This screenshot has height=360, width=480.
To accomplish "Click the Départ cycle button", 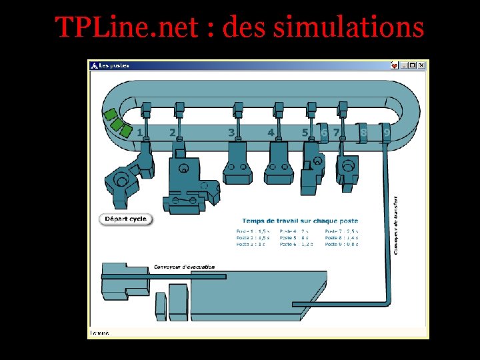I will [126, 219].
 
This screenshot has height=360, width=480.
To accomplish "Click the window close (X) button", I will [421, 65].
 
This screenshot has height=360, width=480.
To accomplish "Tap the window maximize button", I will [413, 65].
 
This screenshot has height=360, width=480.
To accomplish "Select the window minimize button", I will [404, 65].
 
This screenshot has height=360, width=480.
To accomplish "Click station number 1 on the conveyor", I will [139, 133].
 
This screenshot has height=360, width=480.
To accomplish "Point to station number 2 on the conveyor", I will [172, 133].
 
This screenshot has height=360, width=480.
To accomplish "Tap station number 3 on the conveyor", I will [231, 133].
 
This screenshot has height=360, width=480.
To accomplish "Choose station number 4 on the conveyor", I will [271, 133].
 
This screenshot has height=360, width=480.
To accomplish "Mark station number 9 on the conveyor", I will [386, 133].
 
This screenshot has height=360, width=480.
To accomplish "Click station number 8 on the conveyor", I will [363, 133].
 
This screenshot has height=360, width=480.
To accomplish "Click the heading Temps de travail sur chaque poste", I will [300, 221].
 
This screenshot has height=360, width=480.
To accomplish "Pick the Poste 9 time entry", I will [341, 244].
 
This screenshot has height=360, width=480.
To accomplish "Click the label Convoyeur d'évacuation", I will [184, 267].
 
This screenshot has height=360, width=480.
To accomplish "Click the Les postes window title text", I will [114, 65].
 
